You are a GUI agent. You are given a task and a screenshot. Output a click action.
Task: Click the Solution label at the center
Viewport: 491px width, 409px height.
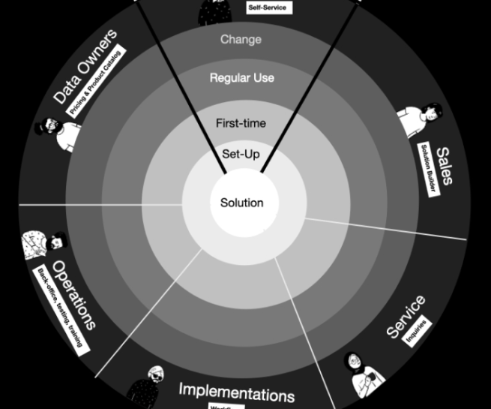241,203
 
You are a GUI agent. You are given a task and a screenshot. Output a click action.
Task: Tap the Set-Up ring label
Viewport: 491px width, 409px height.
241,154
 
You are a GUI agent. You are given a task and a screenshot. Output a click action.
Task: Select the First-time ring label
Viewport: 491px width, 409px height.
241,123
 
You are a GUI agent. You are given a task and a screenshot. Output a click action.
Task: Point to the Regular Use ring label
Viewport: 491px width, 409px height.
241,77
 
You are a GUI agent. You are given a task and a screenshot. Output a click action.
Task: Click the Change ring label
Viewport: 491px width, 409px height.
241,39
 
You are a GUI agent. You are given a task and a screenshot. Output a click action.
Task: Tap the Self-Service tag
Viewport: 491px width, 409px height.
267,8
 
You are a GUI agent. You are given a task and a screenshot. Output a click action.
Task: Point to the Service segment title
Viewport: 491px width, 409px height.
406,316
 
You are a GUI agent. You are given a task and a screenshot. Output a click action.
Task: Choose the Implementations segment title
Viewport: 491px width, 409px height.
236,392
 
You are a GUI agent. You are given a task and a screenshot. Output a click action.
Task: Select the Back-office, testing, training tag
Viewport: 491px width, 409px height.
61,308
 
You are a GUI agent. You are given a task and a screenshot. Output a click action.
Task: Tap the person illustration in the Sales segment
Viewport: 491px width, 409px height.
418,120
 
